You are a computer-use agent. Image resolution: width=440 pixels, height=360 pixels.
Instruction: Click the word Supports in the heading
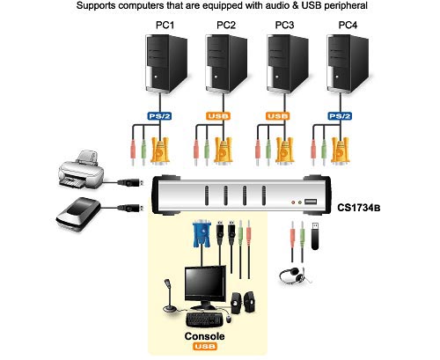point(96,7)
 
